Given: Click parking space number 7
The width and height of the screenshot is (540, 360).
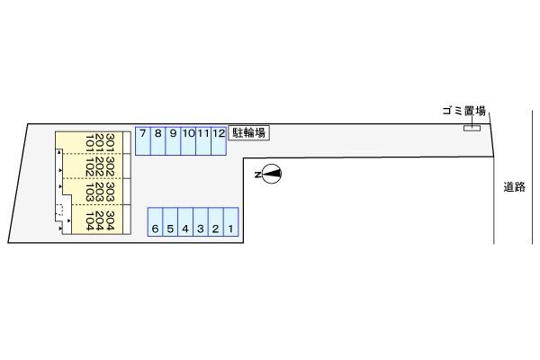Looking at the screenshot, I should tap(143, 139).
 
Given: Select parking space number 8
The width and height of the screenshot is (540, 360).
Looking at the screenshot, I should tap(157, 139).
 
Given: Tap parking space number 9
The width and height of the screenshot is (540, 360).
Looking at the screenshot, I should tap(173, 139).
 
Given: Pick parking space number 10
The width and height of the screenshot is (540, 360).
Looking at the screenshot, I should tap(188, 139).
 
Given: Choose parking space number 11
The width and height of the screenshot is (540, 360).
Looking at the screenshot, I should tap(203, 139).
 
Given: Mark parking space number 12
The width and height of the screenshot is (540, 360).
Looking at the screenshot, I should tap(218, 139).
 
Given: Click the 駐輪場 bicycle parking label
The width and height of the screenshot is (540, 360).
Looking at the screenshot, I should tap(249, 134).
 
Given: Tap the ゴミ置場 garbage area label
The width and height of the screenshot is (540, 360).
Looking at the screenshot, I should tap(463, 112).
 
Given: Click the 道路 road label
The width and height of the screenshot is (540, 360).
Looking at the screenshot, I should tap(515, 187).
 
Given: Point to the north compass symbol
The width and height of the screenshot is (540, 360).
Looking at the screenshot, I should tap(269, 174).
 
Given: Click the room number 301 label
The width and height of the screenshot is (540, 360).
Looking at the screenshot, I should tap(109, 142).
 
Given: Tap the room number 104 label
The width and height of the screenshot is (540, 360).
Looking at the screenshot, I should tap(89, 220).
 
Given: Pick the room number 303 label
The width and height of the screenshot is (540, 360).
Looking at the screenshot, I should tap(109, 193).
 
